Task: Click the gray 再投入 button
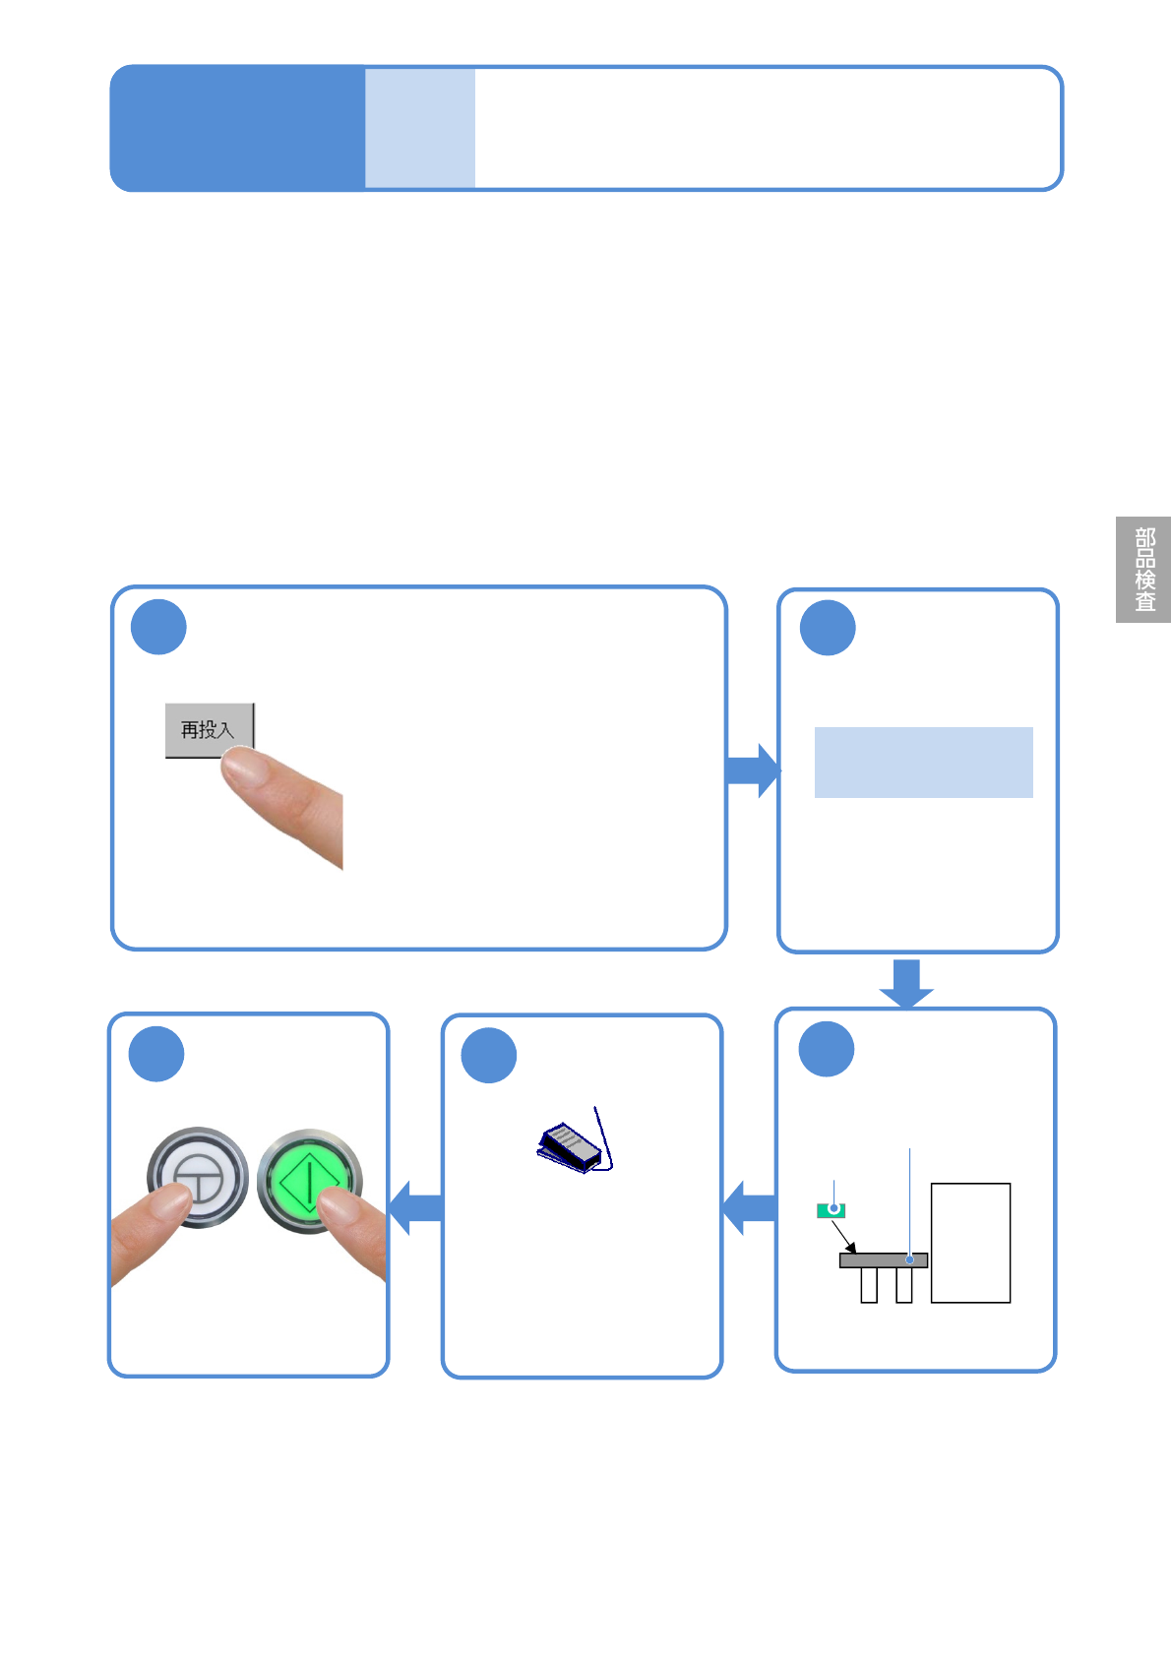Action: click(x=208, y=730)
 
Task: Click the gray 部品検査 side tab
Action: click(x=1143, y=570)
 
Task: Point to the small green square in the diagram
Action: click(x=831, y=1210)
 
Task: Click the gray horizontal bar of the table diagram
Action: click(x=883, y=1260)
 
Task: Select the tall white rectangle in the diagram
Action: click(x=970, y=1243)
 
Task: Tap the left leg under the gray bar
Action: click(x=869, y=1285)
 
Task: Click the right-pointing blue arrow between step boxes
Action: click(x=753, y=770)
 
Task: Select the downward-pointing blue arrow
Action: click(x=906, y=983)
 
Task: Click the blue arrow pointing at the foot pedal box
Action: click(x=750, y=1208)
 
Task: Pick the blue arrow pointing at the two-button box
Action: click(x=416, y=1207)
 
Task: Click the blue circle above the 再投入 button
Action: click(x=158, y=627)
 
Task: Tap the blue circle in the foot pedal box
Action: click(x=489, y=1055)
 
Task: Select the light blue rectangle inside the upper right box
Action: click(x=923, y=763)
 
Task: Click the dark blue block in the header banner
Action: click(x=237, y=128)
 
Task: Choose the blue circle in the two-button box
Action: click(x=156, y=1054)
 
